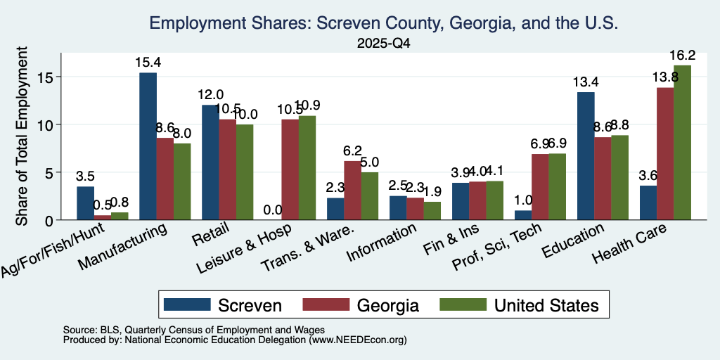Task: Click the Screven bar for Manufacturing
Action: coord(148,146)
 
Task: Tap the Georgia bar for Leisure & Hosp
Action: coord(290,169)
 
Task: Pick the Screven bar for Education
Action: coord(586,156)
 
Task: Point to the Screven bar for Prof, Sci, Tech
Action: coord(523,215)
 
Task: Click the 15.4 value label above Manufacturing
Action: coord(148,63)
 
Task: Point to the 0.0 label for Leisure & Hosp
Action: coord(273,210)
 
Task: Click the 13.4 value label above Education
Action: coord(586,82)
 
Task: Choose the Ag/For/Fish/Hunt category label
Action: coord(53,250)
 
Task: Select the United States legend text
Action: coord(546,305)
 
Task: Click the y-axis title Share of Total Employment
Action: coord(22,136)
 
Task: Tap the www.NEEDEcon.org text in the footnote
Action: coord(356,340)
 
